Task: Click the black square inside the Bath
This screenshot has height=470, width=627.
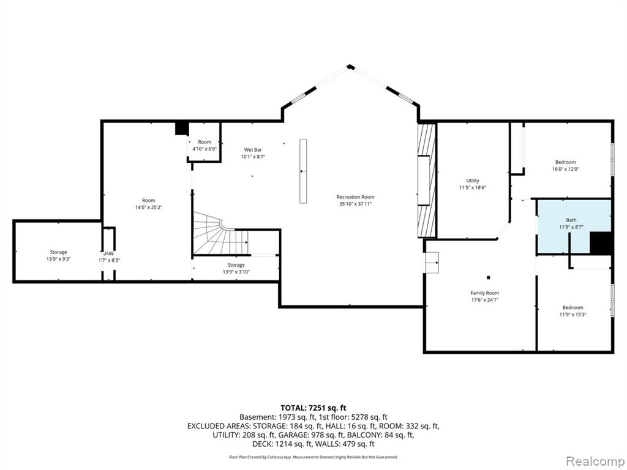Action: pos(601,243)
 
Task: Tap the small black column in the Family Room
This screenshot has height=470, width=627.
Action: pos(488,277)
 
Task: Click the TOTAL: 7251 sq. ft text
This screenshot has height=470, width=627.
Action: pos(313,408)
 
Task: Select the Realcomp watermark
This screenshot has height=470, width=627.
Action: pos(595,461)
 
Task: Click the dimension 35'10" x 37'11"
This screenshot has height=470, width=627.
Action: pos(355,204)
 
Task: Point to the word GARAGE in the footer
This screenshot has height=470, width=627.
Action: pos(280,435)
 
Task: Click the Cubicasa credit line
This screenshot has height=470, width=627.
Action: pos(313,457)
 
